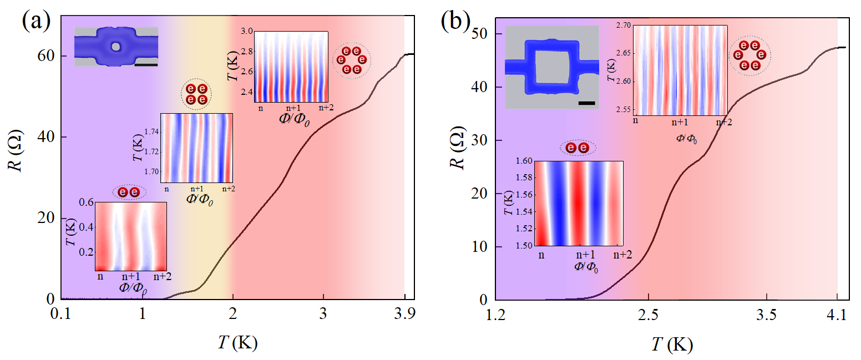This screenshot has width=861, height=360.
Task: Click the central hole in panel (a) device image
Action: point(115,47)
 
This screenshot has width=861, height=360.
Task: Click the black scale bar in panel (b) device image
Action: point(586,103)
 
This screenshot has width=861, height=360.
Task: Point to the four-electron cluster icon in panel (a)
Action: point(196,94)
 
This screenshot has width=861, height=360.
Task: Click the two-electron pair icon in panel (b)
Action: point(578,148)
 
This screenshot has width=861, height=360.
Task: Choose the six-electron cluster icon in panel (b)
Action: point(749,56)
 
